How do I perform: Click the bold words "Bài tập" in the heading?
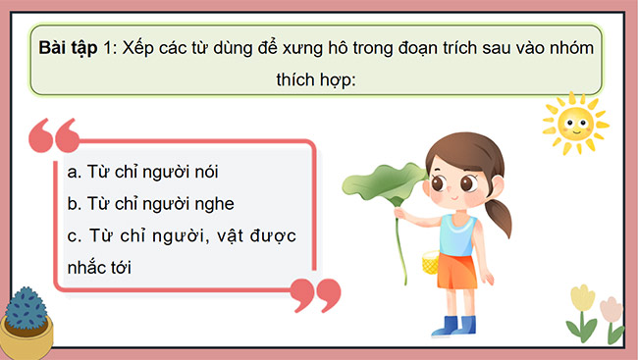(x=68, y=48)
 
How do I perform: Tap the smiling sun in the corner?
(x=575, y=122)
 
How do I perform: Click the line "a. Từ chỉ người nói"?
(x=143, y=172)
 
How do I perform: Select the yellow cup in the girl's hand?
(x=429, y=262)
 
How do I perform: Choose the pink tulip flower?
(x=611, y=310)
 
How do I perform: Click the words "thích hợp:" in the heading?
(x=319, y=79)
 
